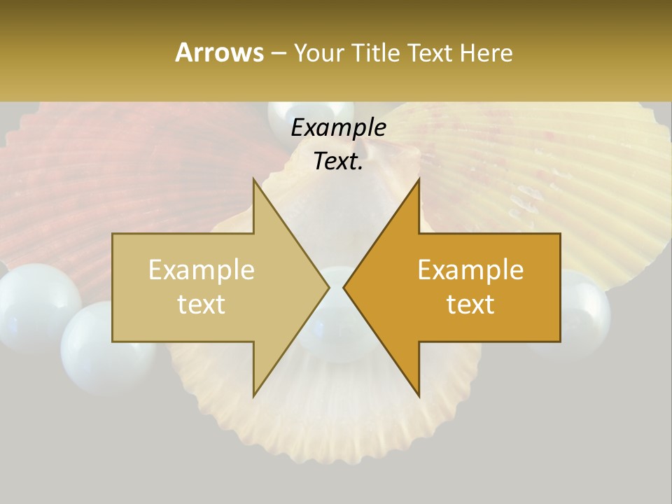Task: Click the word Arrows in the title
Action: pos(219,52)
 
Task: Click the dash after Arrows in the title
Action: pos(278,54)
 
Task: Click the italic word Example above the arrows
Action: pos(338,127)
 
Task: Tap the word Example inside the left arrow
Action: pos(201,270)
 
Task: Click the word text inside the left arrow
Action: pos(201,304)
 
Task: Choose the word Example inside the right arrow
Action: pos(470,270)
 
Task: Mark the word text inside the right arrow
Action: pos(470,304)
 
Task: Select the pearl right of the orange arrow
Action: pos(581,304)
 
